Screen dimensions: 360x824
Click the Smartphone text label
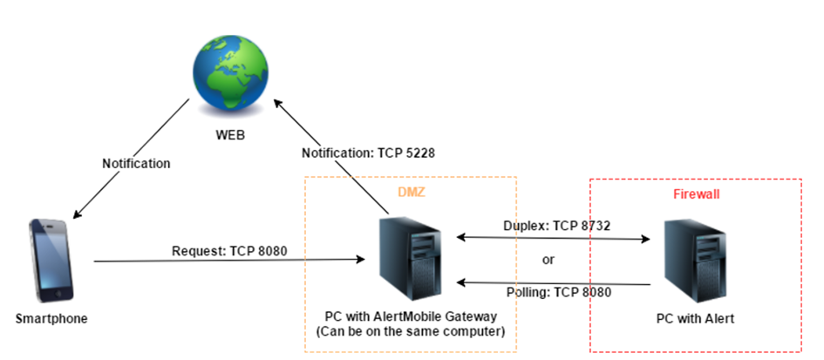[52, 319]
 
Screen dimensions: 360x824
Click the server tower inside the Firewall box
[695, 259]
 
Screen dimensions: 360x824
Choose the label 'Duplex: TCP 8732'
[555, 225]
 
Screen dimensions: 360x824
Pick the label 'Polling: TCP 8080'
[555, 293]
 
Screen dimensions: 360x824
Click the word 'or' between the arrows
[548, 259]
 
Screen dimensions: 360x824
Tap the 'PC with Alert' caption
[695, 319]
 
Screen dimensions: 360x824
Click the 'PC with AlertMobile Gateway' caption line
[411, 316]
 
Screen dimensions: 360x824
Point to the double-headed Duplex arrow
[555, 236]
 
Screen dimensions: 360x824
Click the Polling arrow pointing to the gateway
[555, 282]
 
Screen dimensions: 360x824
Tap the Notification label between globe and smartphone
[136, 163]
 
